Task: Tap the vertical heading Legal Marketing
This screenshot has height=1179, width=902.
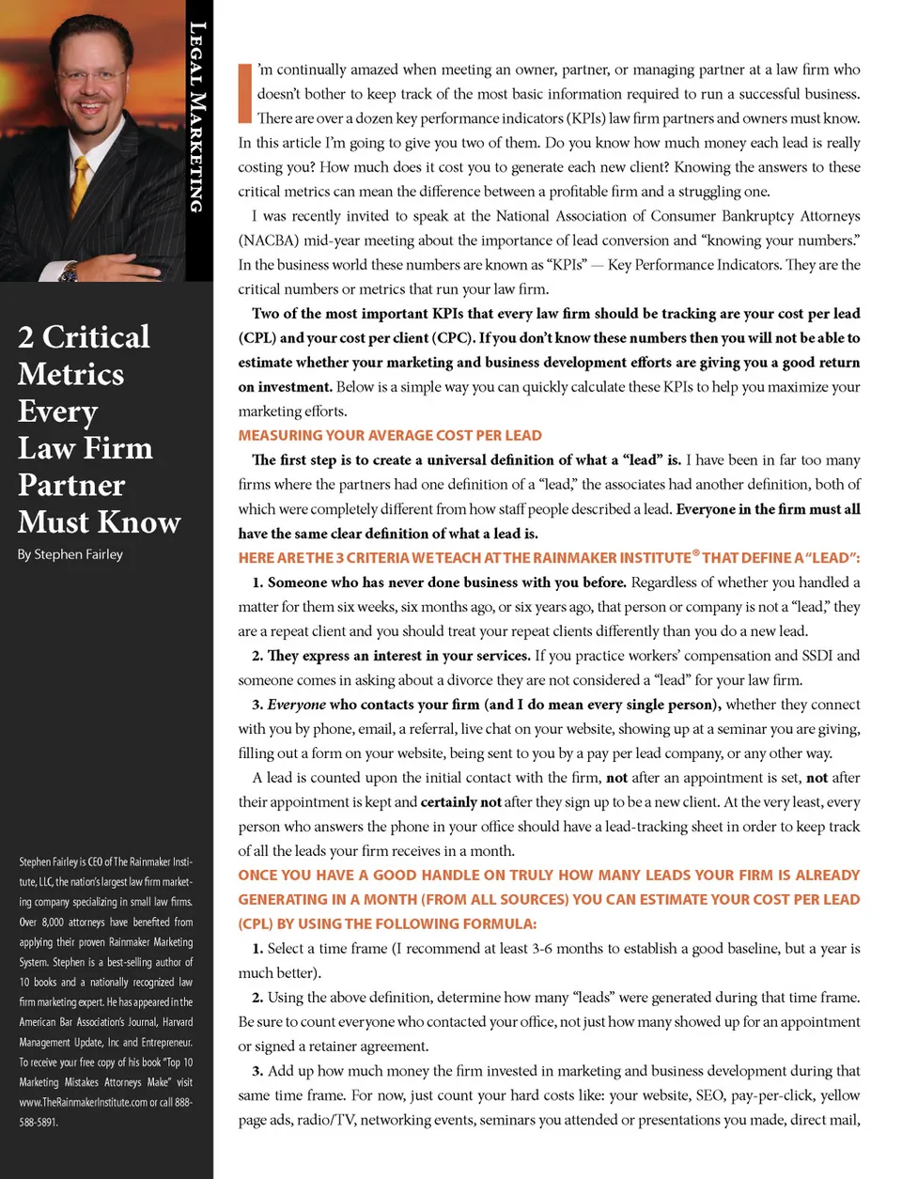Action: pyautogui.click(x=196, y=116)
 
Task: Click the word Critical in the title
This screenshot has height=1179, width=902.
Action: pyautogui.click(x=96, y=337)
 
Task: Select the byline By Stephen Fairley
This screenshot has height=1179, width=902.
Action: pyautogui.click(x=70, y=554)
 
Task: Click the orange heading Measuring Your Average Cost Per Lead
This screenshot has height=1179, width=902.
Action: pyautogui.click(x=390, y=436)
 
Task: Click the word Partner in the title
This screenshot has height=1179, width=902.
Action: pyautogui.click(x=71, y=485)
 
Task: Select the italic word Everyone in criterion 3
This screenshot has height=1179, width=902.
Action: pyautogui.click(x=297, y=705)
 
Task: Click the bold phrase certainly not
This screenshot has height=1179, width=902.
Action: pyautogui.click(x=461, y=802)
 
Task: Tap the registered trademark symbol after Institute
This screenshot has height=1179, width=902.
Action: pyautogui.click(x=696, y=553)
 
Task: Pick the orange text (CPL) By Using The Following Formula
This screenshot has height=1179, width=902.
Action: pyautogui.click(x=387, y=923)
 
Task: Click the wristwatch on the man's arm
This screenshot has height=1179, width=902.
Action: pyautogui.click(x=68, y=273)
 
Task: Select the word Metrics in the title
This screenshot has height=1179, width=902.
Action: pyautogui.click(x=70, y=375)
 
